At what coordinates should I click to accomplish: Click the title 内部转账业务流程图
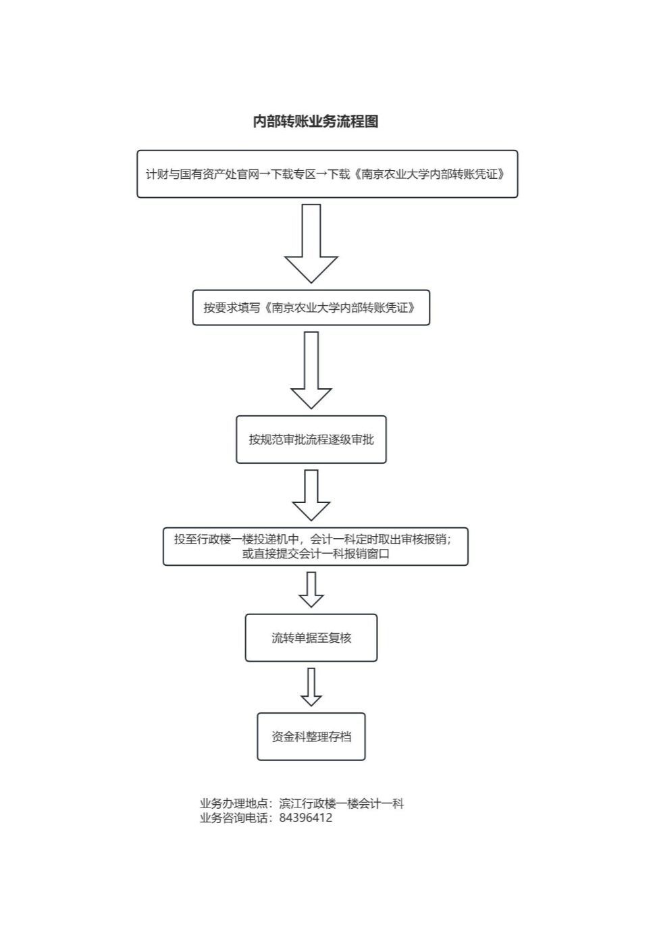pos(316,122)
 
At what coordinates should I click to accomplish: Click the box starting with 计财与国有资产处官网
pos(327,174)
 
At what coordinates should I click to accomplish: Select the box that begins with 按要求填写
pos(311,307)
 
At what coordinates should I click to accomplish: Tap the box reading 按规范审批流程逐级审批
pos(311,440)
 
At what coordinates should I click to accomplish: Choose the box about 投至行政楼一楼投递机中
pos(315,546)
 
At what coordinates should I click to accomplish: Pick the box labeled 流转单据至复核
pos(311,638)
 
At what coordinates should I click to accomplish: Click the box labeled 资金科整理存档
pos(311,736)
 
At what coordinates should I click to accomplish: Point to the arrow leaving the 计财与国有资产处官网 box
pos(311,243)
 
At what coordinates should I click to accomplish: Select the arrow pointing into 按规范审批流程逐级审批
pos(311,371)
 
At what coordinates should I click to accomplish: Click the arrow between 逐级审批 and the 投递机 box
pos(311,495)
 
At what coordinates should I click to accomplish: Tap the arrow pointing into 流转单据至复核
pos(311,589)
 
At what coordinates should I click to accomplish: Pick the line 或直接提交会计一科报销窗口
pos(316,554)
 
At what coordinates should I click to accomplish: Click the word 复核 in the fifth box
pos(340,638)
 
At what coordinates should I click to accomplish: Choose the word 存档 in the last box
pos(340,736)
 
